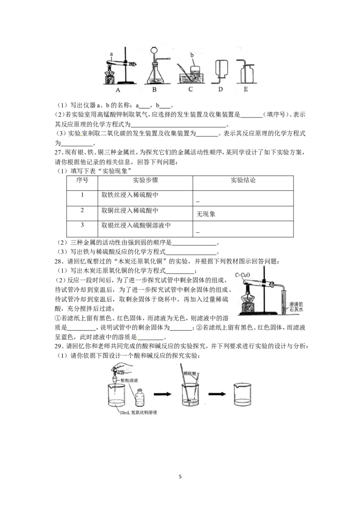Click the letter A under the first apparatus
(118, 89)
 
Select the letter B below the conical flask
(154, 89)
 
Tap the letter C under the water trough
(191, 89)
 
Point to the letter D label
(220, 89)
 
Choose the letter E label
(246, 89)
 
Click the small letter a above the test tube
(112, 54)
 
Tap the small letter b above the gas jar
(193, 55)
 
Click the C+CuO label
(243, 274)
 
